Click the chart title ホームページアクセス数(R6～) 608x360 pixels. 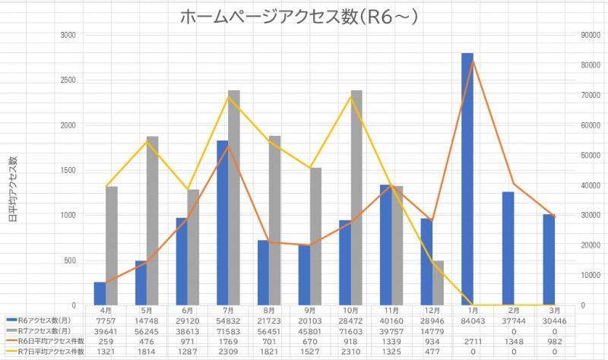[x=304, y=16]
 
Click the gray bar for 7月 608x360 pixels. [x=234, y=197]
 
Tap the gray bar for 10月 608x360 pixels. [x=356, y=197]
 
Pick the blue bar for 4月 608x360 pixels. [x=100, y=293]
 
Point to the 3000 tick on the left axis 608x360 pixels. [x=68, y=36]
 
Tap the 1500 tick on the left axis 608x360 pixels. [x=68, y=170]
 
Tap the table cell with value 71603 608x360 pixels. [x=351, y=331]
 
